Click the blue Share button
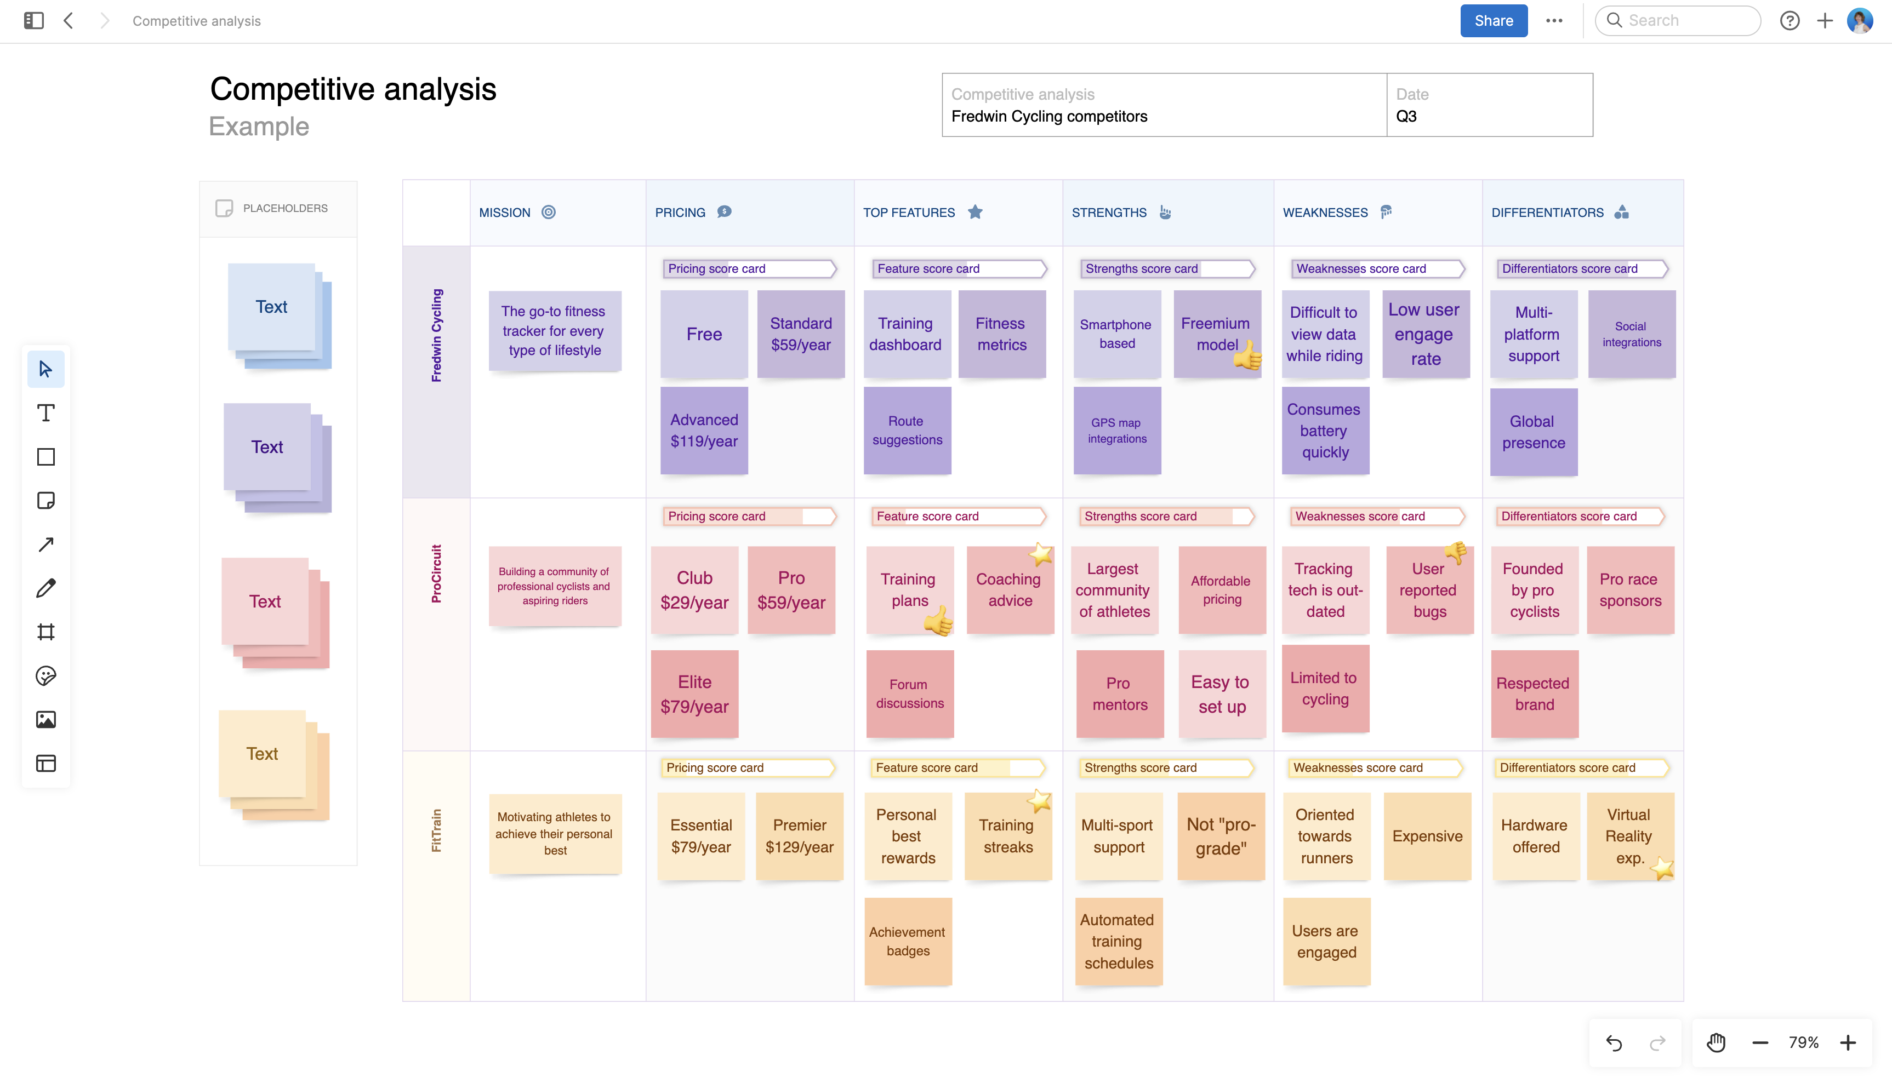point(1492,21)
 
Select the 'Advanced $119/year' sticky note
point(703,431)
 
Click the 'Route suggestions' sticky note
point(907,431)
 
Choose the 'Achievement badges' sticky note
point(908,941)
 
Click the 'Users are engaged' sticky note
point(1326,941)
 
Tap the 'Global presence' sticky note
point(1533,432)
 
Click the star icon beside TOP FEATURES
point(975,213)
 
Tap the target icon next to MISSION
point(549,213)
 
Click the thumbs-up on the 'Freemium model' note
point(1247,358)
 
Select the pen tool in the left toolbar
point(45,589)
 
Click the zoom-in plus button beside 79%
point(1848,1042)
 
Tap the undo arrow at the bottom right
point(1614,1042)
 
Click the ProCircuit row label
point(436,574)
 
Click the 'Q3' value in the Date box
point(1406,117)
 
